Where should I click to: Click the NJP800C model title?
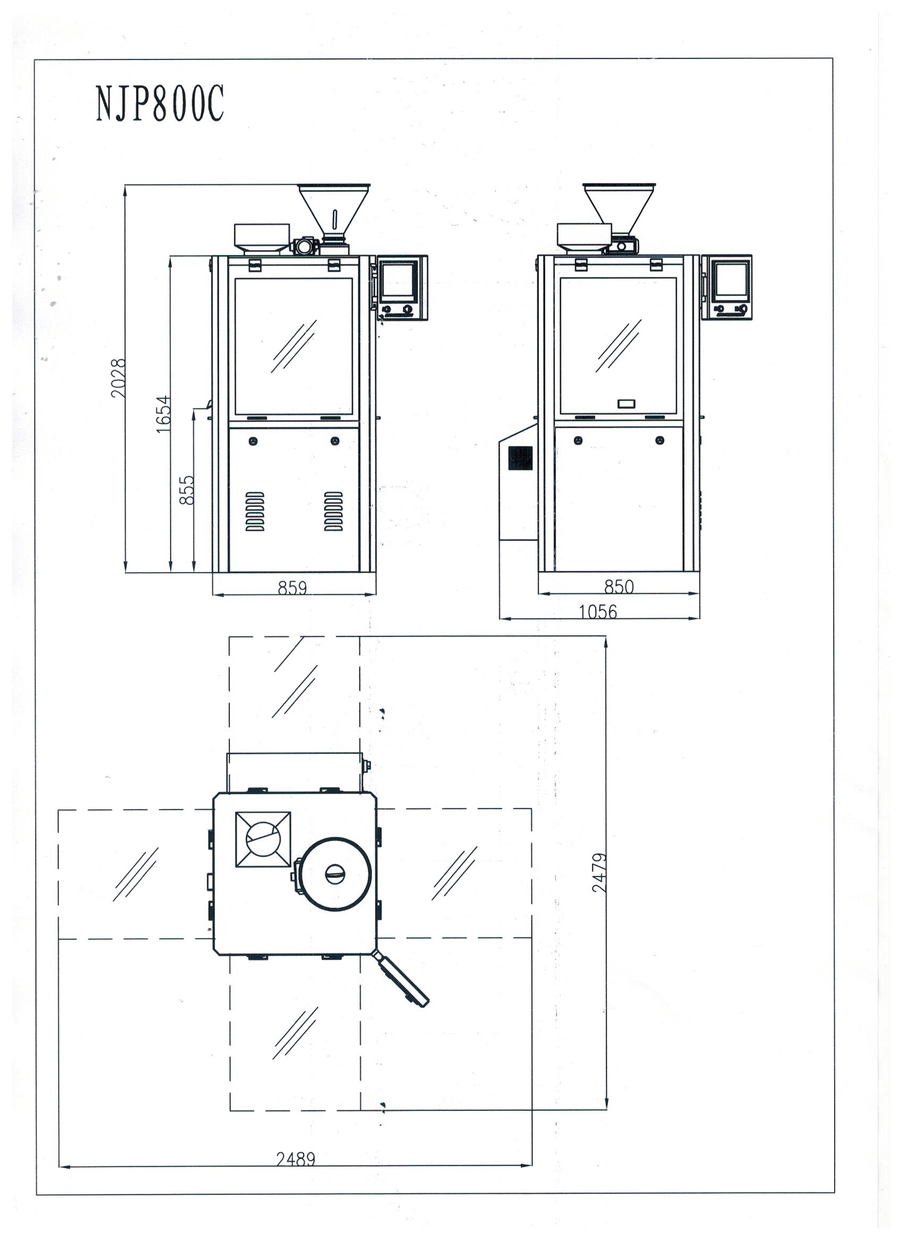point(160,104)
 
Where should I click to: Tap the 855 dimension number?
point(187,490)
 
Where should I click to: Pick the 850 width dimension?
point(619,586)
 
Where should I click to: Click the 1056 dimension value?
point(598,611)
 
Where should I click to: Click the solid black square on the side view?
point(520,458)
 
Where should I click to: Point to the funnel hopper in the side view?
point(619,209)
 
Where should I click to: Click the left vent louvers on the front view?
point(254,512)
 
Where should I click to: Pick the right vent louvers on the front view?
point(334,512)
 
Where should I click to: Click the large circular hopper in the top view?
point(334,874)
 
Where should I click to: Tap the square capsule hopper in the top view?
point(263,839)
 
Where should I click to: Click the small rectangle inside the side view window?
point(626,404)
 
